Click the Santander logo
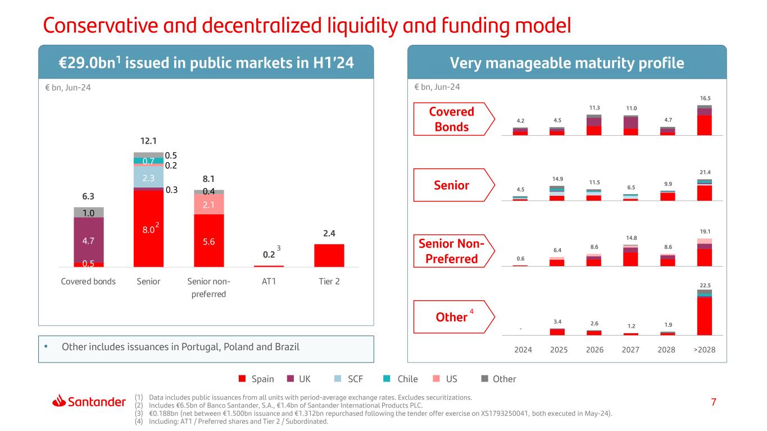tap(89, 401)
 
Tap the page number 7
tap(713, 402)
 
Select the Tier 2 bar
tap(329, 255)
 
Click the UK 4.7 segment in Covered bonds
tap(89, 240)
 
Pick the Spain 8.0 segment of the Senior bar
tap(148, 228)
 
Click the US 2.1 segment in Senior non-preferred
tap(208, 204)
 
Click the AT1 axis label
tap(269, 282)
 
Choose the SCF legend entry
tap(349, 379)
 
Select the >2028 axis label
tap(704, 350)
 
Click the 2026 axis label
tap(594, 350)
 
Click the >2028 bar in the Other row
tap(704, 314)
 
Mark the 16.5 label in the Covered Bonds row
tap(704, 97)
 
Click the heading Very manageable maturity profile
tap(567, 63)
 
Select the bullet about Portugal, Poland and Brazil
tap(180, 347)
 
